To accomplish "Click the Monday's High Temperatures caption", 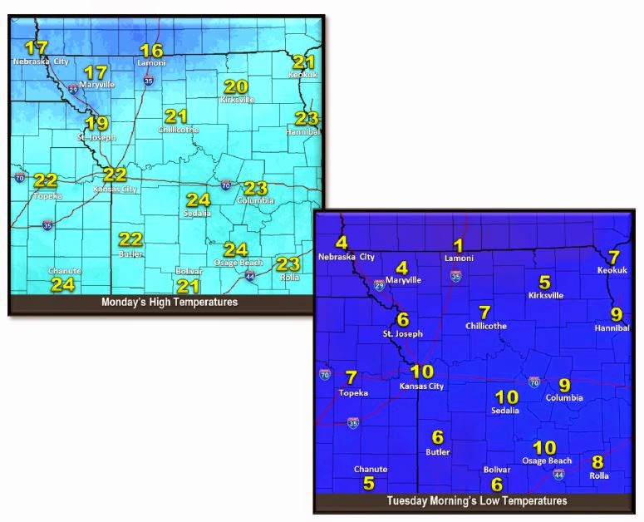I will click(x=170, y=302).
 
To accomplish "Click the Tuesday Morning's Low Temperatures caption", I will click(x=477, y=501).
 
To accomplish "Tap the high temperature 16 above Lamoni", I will click(x=151, y=51).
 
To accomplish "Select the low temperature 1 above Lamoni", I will click(x=457, y=245).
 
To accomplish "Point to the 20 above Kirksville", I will click(x=237, y=86).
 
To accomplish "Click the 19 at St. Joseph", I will click(x=96, y=124).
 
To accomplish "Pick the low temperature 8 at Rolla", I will click(x=597, y=462).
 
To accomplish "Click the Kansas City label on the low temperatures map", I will click(x=421, y=386).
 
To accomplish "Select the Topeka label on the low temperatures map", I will click(x=354, y=391).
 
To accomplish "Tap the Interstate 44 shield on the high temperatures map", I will click(x=250, y=275).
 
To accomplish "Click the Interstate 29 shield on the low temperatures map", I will click(x=379, y=284).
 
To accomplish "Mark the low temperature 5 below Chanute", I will click(x=369, y=483).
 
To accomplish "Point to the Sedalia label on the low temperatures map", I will click(x=505, y=411).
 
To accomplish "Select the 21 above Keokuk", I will click(x=304, y=62).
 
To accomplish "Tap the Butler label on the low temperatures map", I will click(x=437, y=452).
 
